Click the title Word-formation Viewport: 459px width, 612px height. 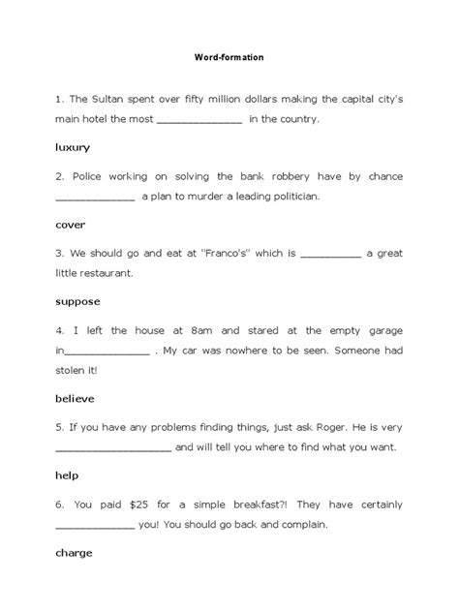pyautogui.click(x=229, y=58)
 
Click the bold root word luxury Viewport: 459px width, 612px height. pyautogui.click(x=73, y=147)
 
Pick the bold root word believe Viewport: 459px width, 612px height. pyautogui.click(x=76, y=398)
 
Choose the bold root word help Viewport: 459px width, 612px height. pyautogui.click(x=67, y=475)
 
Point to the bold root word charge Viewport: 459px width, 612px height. pyautogui.click(x=74, y=552)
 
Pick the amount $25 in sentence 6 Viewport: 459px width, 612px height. pyautogui.click(x=124, y=504)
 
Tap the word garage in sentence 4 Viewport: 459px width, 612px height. pyautogui.click(x=382, y=329)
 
